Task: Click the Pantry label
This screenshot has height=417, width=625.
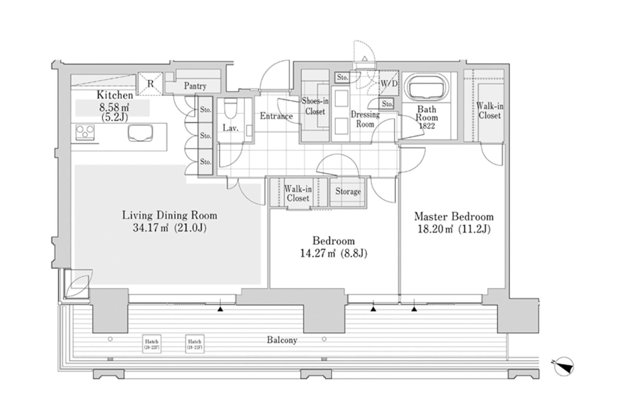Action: pos(195,86)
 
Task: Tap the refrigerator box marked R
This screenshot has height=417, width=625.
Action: pos(150,84)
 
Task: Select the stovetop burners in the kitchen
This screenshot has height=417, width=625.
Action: pos(85,133)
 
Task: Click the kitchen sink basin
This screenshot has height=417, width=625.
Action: pos(140,133)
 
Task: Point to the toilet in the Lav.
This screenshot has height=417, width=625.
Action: pos(231,109)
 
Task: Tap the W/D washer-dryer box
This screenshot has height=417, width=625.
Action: pos(389,83)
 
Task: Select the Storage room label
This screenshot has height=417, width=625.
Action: pos(348,192)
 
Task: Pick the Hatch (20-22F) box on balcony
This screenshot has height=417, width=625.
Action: pos(152,344)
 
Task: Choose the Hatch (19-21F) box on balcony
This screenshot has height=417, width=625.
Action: pos(195,344)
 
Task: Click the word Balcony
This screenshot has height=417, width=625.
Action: pos(282,340)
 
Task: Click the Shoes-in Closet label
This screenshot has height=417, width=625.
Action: pos(315,106)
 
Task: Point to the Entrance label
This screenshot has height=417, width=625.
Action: pos(276,116)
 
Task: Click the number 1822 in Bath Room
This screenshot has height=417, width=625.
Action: pos(427,126)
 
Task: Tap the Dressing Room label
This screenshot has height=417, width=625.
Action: pos(365,119)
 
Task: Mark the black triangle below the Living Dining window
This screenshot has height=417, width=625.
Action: pos(220,309)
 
